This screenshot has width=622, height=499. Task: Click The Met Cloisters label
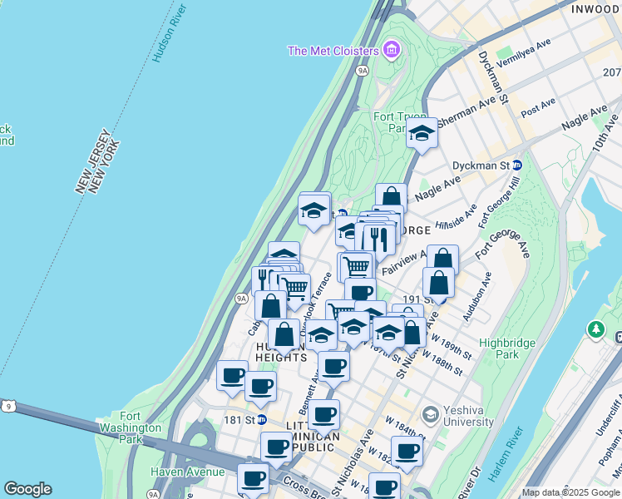[x=333, y=51]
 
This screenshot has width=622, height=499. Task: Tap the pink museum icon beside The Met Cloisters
[x=392, y=51]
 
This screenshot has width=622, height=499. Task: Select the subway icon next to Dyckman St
[x=516, y=166]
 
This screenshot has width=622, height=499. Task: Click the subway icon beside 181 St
[x=262, y=420]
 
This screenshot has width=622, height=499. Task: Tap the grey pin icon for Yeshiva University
[x=430, y=413]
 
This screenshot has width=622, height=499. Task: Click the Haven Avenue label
[x=187, y=472]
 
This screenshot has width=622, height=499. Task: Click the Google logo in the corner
[x=27, y=489]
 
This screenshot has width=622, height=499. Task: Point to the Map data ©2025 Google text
[x=570, y=492]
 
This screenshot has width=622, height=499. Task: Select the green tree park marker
[x=595, y=330]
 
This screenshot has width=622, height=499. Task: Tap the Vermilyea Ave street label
[x=524, y=55]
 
